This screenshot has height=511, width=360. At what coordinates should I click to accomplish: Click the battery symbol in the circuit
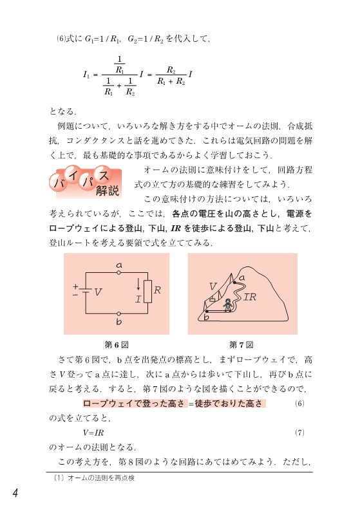click(x=85, y=292)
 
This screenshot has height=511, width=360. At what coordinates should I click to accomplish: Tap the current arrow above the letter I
click(x=138, y=283)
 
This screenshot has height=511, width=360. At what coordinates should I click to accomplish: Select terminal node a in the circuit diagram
click(x=119, y=272)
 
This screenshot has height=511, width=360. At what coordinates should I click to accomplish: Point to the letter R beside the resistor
click(x=157, y=290)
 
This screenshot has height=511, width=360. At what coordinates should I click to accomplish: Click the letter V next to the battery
click(x=98, y=292)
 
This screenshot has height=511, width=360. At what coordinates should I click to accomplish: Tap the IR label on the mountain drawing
click(x=250, y=297)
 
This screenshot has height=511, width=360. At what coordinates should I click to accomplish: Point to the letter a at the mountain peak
click(x=242, y=277)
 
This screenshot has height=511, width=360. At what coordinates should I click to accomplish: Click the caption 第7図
click(x=242, y=343)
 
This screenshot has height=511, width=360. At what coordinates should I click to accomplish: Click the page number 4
click(x=14, y=492)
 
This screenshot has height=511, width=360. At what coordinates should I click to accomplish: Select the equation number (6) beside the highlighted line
click(x=299, y=404)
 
